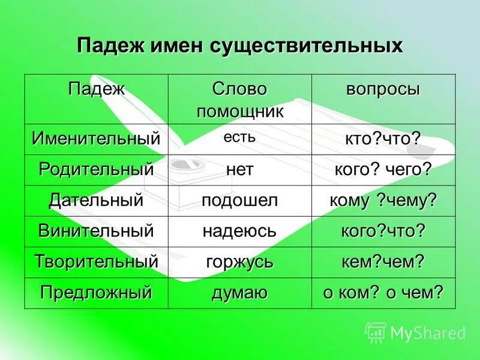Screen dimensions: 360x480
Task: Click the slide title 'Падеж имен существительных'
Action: click(x=239, y=46)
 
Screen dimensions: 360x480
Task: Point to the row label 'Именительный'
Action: click(x=96, y=139)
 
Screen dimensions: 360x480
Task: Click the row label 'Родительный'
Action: click(x=96, y=170)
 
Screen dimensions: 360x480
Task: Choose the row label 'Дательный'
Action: click(x=96, y=200)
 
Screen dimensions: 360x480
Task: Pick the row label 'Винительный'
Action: click(x=96, y=231)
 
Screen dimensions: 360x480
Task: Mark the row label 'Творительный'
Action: click(x=96, y=262)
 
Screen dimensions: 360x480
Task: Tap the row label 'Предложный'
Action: click(x=96, y=293)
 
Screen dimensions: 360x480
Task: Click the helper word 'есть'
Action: click(x=239, y=137)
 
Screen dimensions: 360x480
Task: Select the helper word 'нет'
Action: click(x=239, y=170)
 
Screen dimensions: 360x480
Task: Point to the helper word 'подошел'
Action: click(x=239, y=200)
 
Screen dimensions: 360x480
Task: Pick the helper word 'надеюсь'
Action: click(x=239, y=231)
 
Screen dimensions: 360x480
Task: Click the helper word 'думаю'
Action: click(x=239, y=293)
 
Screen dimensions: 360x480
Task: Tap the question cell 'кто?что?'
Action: click(x=383, y=139)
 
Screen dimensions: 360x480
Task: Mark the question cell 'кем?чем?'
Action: click(x=383, y=262)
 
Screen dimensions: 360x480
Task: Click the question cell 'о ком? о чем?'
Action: click(x=383, y=293)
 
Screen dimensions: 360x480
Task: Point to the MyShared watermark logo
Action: click(x=415, y=332)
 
